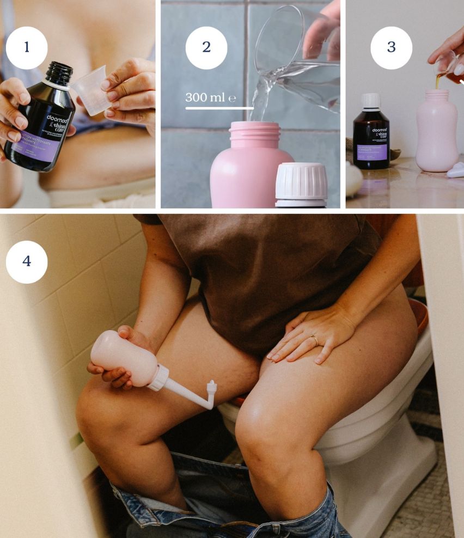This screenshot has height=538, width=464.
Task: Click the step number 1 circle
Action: click(x=27, y=47)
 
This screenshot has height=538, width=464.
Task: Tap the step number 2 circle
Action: click(x=206, y=47)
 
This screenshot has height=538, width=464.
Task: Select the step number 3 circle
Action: click(x=391, y=47)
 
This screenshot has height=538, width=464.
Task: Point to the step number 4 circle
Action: click(x=27, y=262)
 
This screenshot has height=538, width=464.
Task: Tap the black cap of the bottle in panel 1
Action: click(x=58, y=74)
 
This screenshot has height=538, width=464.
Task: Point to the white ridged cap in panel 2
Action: click(x=301, y=183)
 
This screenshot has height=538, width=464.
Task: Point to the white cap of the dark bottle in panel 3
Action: click(x=371, y=101)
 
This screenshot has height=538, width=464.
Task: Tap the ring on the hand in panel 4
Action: click(x=315, y=340)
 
